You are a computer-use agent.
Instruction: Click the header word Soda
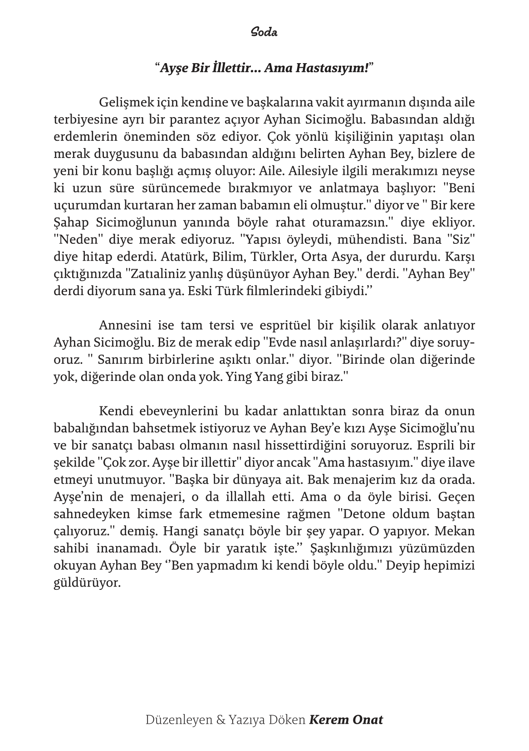tap(264, 33)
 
